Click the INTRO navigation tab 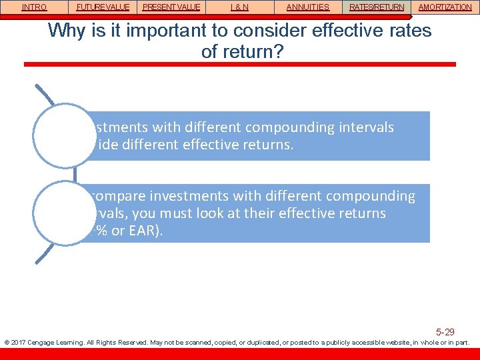[34, 7]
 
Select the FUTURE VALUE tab [103, 7]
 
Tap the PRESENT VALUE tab [171, 7]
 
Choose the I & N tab [239, 7]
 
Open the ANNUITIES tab [307, 7]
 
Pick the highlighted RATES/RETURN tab [377, 7]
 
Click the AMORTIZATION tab [445, 7]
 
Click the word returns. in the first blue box [265, 145]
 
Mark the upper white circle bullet [65, 135]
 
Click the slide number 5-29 [445, 331]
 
